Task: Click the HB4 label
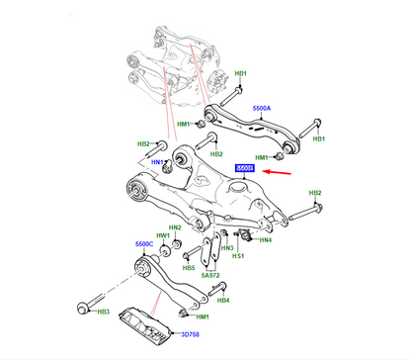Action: pos(223,300)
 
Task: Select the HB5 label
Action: pos(188,268)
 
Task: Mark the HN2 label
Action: pos(174,228)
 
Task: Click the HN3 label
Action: pos(227,247)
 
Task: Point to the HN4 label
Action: pos(266,238)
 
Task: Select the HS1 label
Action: pos(238,256)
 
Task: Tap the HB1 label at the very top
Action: pos(239,75)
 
